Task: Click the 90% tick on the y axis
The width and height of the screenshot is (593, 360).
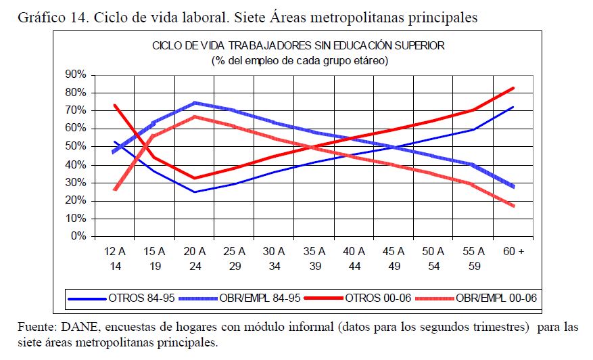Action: click(75, 74)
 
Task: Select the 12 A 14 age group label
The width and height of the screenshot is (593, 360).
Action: click(115, 258)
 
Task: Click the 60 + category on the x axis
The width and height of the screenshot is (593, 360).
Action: click(514, 251)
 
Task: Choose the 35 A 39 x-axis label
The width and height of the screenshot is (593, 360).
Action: click(314, 258)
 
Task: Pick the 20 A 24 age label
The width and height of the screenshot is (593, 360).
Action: click(195, 258)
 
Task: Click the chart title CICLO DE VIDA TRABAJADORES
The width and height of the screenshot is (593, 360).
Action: click(297, 46)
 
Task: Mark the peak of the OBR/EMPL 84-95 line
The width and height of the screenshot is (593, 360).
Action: click(195, 103)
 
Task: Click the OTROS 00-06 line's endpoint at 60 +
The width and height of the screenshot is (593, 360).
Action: click(514, 88)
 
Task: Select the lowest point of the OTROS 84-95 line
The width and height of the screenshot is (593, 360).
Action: click(195, 192)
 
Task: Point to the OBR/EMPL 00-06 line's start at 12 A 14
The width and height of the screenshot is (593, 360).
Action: click(115, 189)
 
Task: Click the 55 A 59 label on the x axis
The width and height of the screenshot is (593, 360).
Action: click(474, 258)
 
